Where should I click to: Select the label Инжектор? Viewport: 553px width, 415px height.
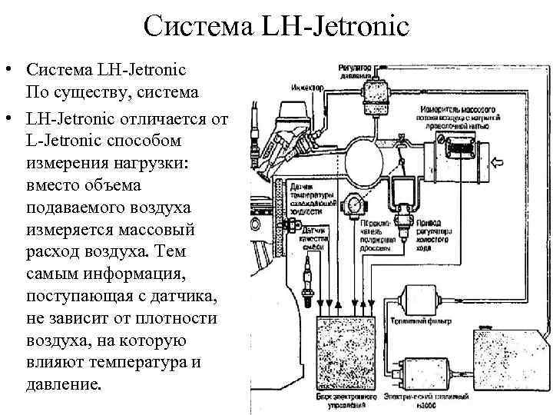pyautogui.click(x=306, y=86)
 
